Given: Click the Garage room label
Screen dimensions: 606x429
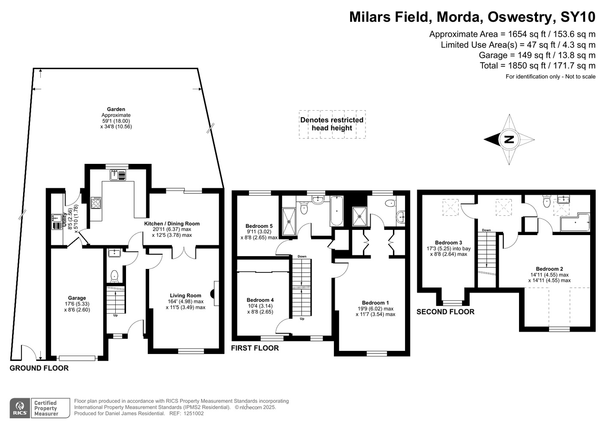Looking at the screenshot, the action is click(77, 298).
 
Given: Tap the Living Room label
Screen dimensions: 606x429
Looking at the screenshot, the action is click(186, 296).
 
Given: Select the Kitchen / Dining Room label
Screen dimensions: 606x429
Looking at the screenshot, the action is click(172, 224).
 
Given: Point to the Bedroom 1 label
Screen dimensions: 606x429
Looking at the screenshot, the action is click(375, 303).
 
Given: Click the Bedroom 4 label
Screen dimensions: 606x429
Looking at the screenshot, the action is click(260, 300).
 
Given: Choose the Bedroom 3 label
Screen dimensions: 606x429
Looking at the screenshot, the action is click(449, 243).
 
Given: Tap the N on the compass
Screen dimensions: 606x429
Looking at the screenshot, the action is click(509, 140).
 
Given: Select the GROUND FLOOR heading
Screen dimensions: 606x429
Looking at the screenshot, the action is click(39, 368).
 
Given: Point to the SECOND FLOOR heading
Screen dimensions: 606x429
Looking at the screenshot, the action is click(445, 312).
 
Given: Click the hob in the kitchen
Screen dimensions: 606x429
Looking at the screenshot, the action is click(96, 202).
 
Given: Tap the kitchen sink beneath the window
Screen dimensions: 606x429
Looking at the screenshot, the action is click(118, 175).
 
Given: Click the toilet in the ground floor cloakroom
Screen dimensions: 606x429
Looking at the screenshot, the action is click(114, 276).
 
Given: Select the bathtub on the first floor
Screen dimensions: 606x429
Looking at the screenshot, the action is click(336, 211).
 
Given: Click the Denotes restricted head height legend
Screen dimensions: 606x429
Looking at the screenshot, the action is click(332, 124).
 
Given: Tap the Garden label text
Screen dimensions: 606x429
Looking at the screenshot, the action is click(116, 109).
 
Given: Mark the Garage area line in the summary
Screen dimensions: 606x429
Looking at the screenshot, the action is click(537, 55).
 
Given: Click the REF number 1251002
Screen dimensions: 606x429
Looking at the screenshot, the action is click(193, 414).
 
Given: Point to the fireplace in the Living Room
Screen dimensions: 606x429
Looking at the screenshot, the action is click(215, 293).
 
